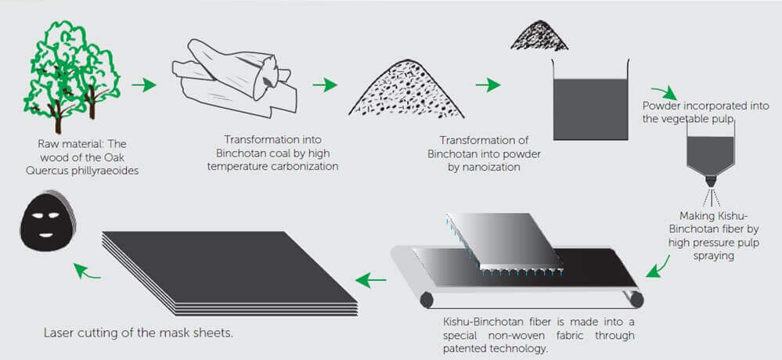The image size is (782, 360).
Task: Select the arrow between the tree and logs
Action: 144,85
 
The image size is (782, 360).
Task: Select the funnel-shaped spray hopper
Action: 710,152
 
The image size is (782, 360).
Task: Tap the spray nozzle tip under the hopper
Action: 711,182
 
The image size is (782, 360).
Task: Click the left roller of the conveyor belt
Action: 427,300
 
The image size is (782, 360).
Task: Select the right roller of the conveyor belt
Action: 636,299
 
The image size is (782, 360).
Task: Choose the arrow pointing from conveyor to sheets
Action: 371,279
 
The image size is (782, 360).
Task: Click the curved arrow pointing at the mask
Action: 87,271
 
